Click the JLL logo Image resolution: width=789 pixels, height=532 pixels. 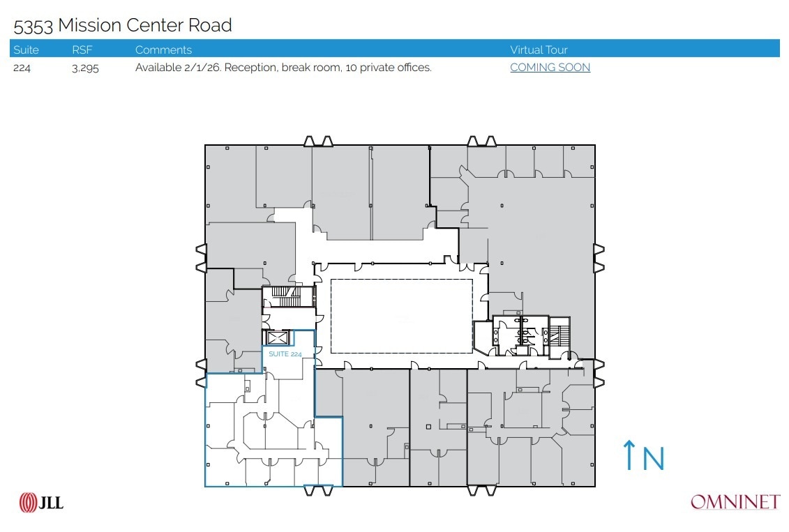pyautogui.click(x=41, y=502)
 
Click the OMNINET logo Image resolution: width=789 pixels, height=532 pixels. pyautogui.click(x=735, y=502)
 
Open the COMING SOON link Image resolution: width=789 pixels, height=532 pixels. pyautogui.click(x=550, y=68)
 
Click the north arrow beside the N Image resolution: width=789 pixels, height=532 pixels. pyautogui.click(x=629, y=455)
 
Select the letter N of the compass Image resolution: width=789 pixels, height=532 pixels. pyautogui.click(x=653, y=458)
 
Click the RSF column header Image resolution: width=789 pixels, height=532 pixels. pyautogui.click(x=82, y=50)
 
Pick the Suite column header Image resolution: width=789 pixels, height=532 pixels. pyautogui.click(x=26, y=50)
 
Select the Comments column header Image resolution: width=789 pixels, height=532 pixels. pyautogui.click(x=163, y=50)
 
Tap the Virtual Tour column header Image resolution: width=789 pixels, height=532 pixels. pyautogui.click(x=539, y=50)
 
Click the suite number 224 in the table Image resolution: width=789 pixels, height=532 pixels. pyautogui.click(x=22, y=68)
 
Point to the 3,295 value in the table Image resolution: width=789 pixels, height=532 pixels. pyautogui.click(x=85, y=68)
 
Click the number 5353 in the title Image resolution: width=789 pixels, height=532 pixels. pyautogui.click(x=33, y=26)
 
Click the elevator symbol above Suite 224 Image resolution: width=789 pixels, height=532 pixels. pyautogui.click(x=278, y=338)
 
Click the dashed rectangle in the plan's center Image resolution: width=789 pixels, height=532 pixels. pyautogui.click(x=401, y=316)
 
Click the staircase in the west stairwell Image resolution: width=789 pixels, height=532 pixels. pyautogui.click(x=282, y=291)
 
